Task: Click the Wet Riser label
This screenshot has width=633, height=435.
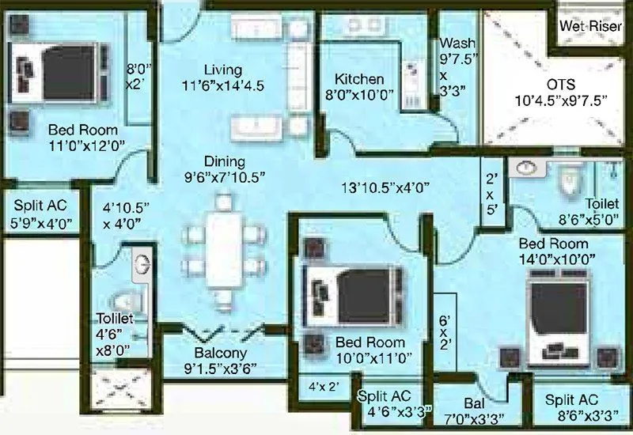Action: click(589, 25)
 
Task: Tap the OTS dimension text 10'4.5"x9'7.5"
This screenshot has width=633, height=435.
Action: click(560, 100)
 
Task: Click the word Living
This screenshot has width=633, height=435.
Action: click(222, 69)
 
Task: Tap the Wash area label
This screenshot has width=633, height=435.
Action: click(457, 43)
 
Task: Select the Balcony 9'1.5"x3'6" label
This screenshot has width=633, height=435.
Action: click(221, 353)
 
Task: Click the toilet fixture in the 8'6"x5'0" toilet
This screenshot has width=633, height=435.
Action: click(566, 181)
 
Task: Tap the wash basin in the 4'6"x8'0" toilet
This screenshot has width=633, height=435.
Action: click(143, 262)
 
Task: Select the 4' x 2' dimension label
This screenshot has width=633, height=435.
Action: click(324, 388)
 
